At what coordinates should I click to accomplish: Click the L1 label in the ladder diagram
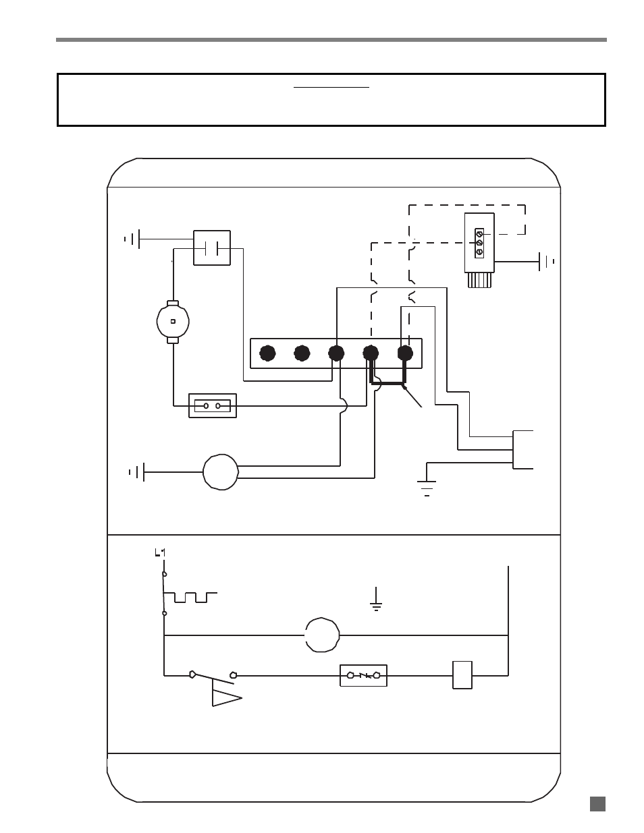(x=160, y=552)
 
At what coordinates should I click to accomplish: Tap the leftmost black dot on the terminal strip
(x=267, y=353)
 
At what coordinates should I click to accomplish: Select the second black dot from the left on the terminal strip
(x=302, y=353)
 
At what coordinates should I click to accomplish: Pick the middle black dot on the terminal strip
(x=336, y=353)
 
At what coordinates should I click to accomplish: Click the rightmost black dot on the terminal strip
(x=405, y=353)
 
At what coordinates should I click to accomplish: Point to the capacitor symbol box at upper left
(x=212, y=248)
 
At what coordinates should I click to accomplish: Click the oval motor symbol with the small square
(x=173, y=322)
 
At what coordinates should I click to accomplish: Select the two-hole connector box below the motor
(x=213, y=405)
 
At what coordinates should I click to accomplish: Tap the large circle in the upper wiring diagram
(x=221, y=472)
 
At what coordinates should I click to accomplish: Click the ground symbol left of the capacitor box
(x=132, y=239)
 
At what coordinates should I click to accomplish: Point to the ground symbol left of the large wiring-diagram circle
(x=137, y=472)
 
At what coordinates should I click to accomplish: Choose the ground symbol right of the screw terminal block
(x=547, y=262)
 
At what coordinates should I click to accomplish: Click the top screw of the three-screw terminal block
(x=479, y=233)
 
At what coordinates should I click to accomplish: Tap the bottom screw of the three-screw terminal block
(x=479, y=252)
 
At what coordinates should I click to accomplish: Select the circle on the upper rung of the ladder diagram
(x=322, y=635)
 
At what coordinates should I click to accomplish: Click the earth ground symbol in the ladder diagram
(x=376, y=598)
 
